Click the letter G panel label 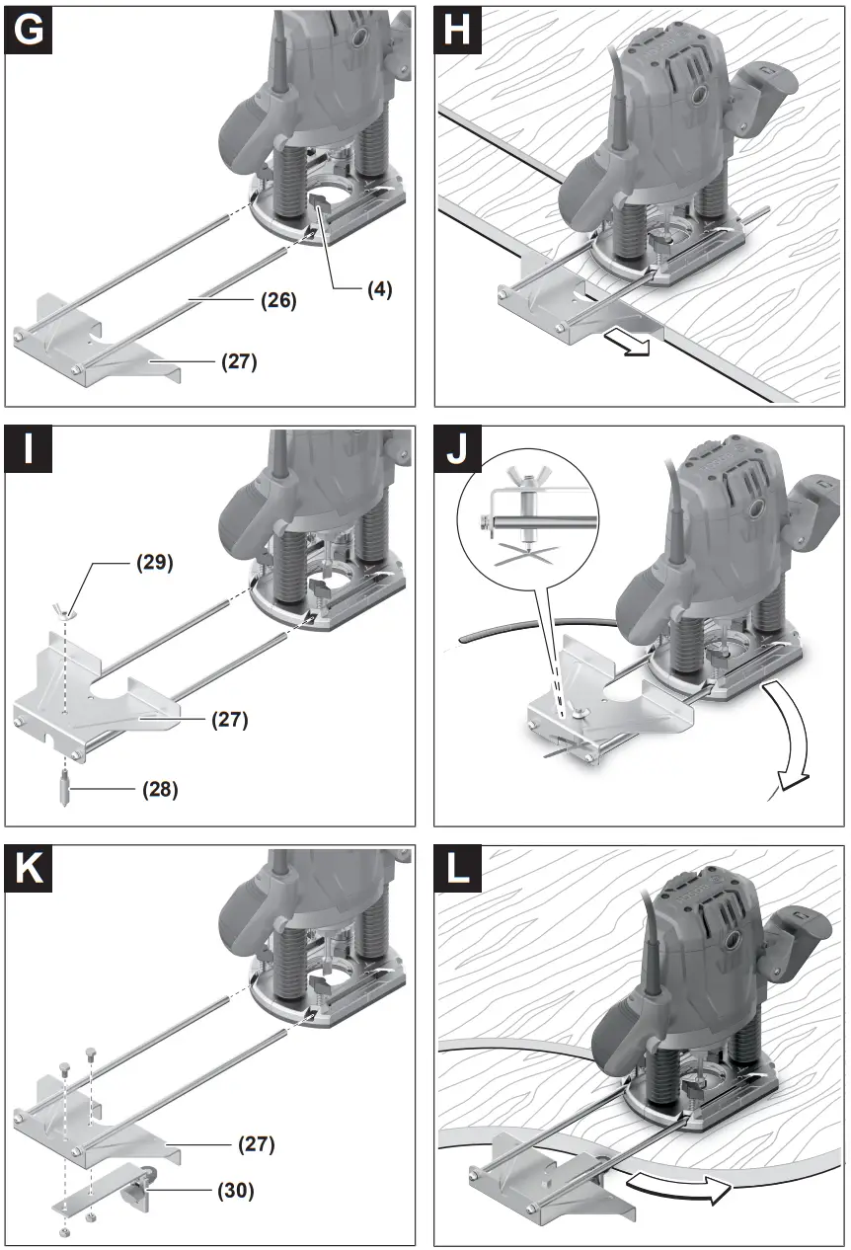click(31, 31)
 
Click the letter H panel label click(458, 31)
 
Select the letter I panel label click(31, 450)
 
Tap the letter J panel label click(458, 450)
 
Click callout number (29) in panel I click(154, 564)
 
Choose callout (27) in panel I click(229, 720)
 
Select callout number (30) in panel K click(235, 1192)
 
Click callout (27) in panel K click(256, 1145)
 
